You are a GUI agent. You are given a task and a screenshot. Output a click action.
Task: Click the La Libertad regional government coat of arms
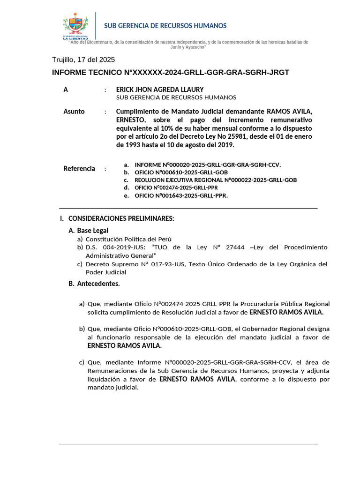[x=75, y=26]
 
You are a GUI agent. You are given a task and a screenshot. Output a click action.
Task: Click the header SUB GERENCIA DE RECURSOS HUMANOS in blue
[x=165, y=26]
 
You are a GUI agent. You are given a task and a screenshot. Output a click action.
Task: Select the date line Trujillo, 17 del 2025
[x=83, y=60]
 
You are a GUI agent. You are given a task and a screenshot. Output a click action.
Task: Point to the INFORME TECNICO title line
[x=170, y=73]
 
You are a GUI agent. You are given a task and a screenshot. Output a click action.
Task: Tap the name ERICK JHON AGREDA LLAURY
[x=160, y=89]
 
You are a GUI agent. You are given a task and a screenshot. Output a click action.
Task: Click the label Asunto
[x=74, y=112]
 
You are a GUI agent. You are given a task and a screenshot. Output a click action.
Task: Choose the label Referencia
[x=79, y=169]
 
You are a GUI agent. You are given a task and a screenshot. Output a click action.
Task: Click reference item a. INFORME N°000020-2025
[x=208, y=165]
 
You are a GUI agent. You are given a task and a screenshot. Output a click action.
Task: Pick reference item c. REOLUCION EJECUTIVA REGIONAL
[x=216, y=180]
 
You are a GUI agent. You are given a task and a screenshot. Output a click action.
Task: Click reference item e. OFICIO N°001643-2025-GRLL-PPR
[x=181, y=195]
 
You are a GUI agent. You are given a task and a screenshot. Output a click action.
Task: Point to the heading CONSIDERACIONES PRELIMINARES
[x=121, y=218]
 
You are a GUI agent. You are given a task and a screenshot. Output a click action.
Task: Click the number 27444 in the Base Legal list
[x=237, y=247]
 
